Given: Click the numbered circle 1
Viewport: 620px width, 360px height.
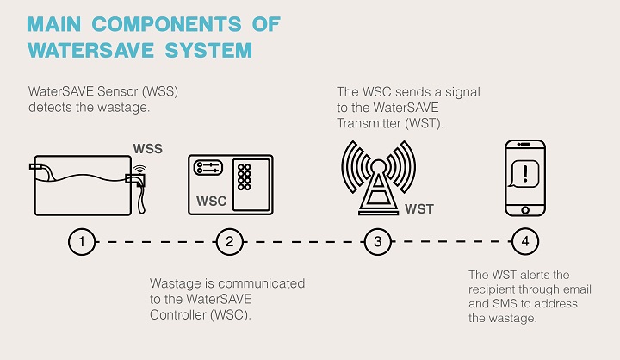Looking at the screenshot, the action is point(82,241).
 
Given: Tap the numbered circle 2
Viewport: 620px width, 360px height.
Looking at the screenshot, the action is point(230,241).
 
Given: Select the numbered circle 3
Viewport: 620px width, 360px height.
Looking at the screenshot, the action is point(378,241).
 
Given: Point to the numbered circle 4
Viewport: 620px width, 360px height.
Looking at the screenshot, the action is point(525,241).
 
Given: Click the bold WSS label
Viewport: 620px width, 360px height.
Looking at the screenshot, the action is point(147,149).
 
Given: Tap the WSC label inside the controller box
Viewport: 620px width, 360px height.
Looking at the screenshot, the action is point(212,201).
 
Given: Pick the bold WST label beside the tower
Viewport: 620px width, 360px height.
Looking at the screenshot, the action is point(419,209).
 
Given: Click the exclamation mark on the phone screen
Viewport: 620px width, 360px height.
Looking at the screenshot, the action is point(525,174).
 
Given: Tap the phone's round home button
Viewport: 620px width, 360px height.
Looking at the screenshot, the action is point(525,210).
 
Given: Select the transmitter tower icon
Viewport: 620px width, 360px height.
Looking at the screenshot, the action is point(378,178).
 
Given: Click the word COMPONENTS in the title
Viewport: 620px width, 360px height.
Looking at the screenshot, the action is point(166,24).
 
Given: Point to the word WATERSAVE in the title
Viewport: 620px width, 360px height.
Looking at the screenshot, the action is point(90,50).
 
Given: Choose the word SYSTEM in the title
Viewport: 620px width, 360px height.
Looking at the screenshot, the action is point(208,50).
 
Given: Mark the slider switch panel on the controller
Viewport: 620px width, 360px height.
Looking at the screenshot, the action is point(208,168).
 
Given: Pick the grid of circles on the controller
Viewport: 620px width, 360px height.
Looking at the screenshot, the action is point(244,177).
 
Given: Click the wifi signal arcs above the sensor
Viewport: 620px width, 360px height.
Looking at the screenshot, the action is point(139,171).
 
